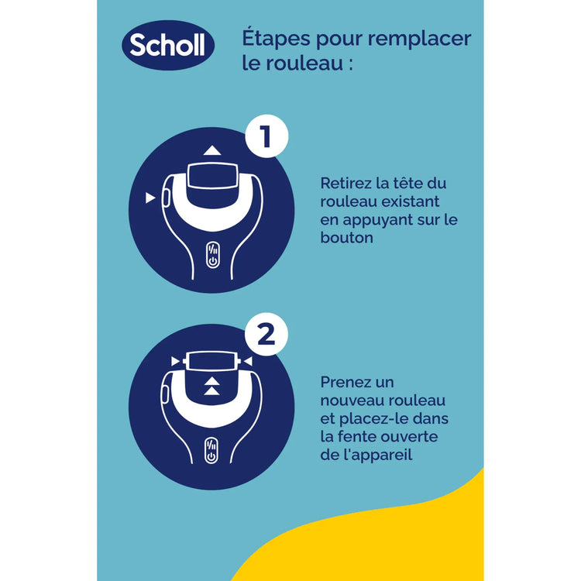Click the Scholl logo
pos(168,46)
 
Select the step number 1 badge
pos(266,139)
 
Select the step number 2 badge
pos(266,336)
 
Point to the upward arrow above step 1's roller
pos(212,150)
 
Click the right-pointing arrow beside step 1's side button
pos(150,199)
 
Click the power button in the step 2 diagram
pos(211,452)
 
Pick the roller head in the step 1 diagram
pos(212,177)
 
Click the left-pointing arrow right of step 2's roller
pos(246,361)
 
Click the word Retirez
pos(346,184)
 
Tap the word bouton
pos(346,238)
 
